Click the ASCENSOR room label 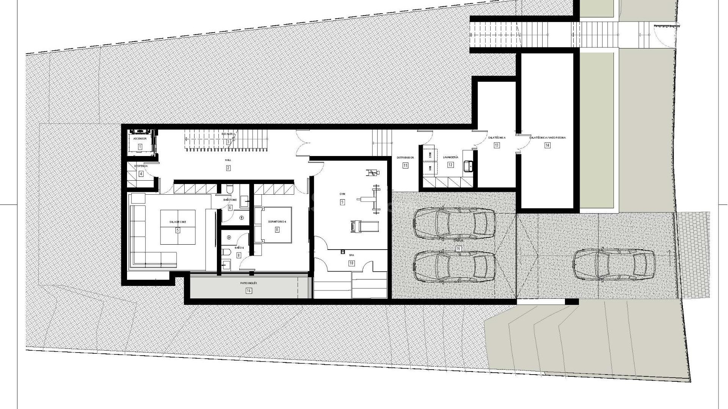click(140, 139)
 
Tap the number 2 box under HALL click(228, 168)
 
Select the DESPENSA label click(141, 166)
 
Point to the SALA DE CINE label click(177, 222)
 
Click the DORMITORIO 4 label click(277, 222)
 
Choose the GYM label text click(342, 194)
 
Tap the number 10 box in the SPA click(351, 263)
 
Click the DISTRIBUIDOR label click(405, 158)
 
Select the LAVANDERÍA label click(450, 157)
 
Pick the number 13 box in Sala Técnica click(496, 145)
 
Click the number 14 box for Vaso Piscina click(547, 145)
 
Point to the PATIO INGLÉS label click(248, 283)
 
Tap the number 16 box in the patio click(248, 291)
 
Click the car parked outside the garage click(613, 264)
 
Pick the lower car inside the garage click(454, 267)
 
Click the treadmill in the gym click(364, 226)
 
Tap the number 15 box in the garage click(458, 248)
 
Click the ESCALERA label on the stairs click(228, 134)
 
